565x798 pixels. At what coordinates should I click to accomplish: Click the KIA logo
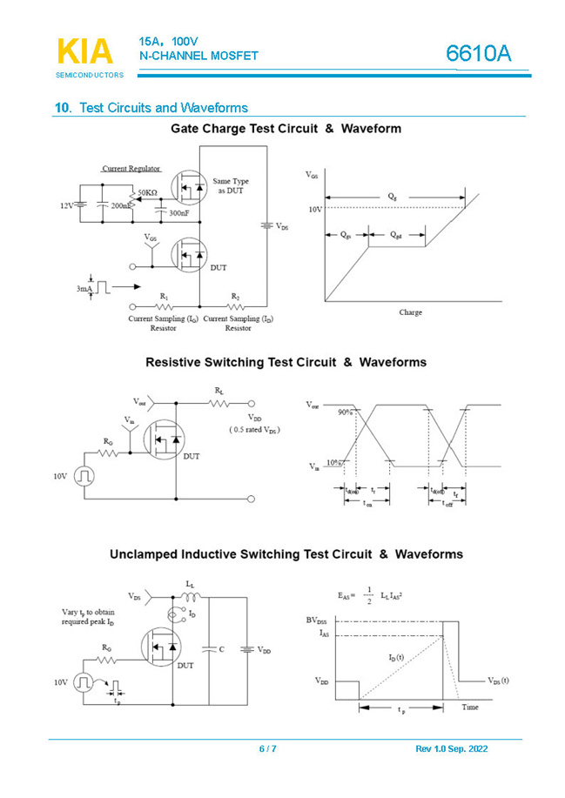click(x=85, y=52)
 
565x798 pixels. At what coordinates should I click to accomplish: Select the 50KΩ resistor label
click(x=147, y=191)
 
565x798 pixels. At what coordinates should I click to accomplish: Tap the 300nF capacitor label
click(x=181, y=212)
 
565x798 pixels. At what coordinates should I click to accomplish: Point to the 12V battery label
click(x=66, y=206)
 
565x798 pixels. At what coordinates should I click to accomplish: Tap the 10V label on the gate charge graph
click(x=314, y=209)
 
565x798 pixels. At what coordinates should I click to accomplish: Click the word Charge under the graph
click(x=411, y=312)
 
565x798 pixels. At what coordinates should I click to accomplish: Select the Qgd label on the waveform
click(x=396, y=235)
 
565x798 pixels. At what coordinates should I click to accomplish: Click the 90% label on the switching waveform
click(x=345, y=411)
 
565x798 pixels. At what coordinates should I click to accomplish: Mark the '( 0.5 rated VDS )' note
click(x=254, y=430)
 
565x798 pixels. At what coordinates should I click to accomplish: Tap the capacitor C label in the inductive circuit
click(x=222, y=649)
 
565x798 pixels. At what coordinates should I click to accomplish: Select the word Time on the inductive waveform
click(x=470, y=707)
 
